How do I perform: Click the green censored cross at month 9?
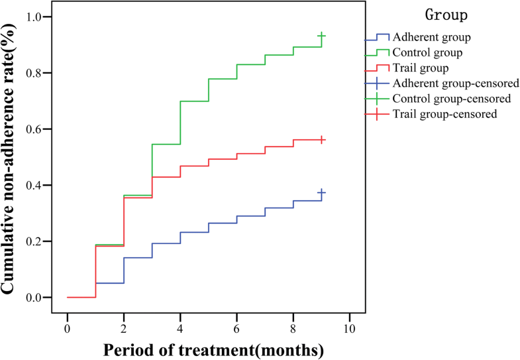(x=321, y=36)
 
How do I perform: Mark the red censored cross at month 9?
(x=321, y=140)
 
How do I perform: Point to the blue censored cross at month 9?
(x=321, y=192)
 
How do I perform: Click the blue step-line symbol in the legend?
(x=377, y=37)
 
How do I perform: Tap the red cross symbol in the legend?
(x=377, y=115)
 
